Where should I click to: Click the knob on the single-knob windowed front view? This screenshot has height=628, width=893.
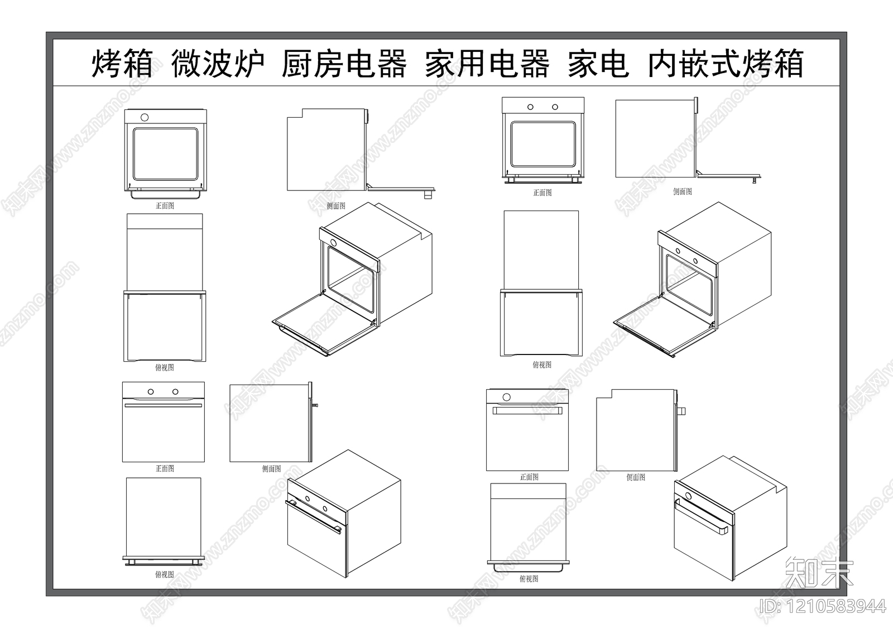145,117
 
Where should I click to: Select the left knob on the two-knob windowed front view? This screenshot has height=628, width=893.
531,107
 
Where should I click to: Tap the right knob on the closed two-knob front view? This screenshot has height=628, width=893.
175,392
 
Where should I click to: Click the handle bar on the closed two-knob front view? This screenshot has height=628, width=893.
163,406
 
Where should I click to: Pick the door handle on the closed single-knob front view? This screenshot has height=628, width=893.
527,411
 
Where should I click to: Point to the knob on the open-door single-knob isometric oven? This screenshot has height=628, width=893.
334,243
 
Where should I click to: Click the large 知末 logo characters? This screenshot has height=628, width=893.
819,572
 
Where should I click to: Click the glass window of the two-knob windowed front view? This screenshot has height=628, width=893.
543,144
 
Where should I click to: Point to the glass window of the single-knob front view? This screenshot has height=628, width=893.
165,154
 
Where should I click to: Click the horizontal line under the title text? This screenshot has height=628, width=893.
446,85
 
